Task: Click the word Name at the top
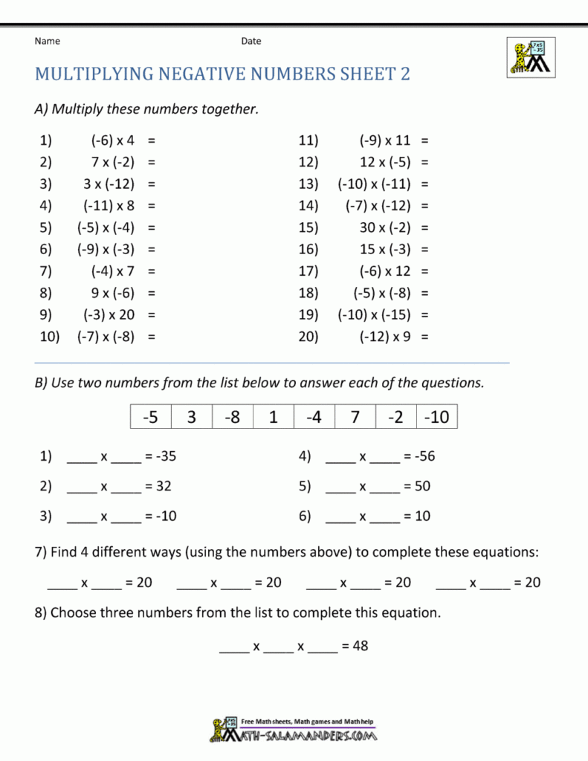[47, 41]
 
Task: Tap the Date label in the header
[251, 41]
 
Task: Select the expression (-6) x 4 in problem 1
[112, 140]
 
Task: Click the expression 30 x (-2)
[384, 227]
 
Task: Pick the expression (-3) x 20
[109, 314]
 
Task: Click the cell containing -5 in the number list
[151, 418]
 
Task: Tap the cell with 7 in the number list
[355, 418]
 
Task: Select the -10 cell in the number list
[436, 418]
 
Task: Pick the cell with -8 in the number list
[233, 418]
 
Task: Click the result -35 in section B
[166, 456]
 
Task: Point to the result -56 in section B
[424, 456]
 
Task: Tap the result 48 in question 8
[360, 646]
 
